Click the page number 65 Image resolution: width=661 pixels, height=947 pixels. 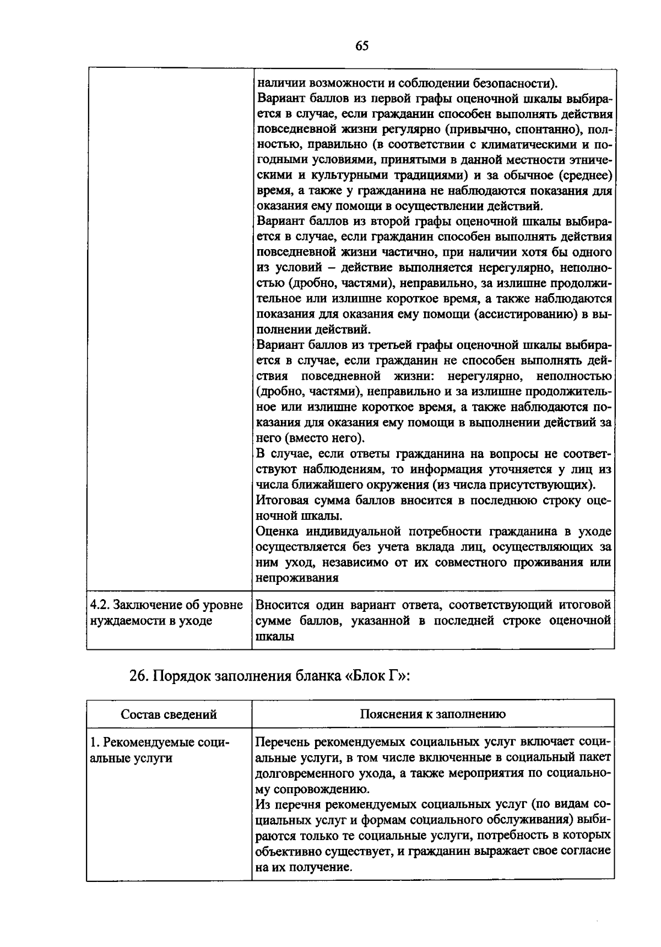pyautogui.click(x=361, y=46)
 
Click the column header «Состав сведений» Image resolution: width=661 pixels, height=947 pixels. pyautogui.click(x=169, y=714)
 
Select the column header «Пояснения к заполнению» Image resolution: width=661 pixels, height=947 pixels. pyautogui.click(x=433, y=714)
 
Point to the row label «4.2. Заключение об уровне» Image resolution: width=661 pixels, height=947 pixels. pyautogui.click(x=166, y=605)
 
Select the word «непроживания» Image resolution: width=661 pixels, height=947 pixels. pyautogui.click(x=297, y=578)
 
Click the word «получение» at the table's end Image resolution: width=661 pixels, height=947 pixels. pyautogui.click(x=324, y=867)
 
